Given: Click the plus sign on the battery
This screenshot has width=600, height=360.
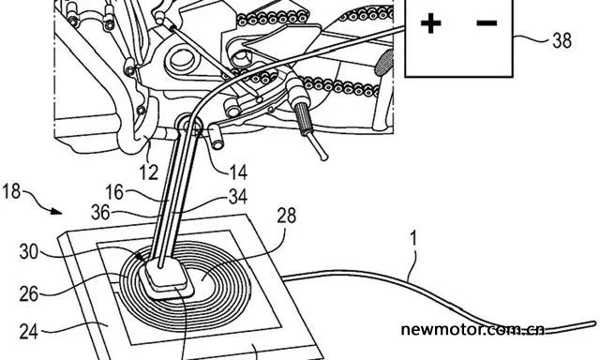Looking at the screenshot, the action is (430, 23).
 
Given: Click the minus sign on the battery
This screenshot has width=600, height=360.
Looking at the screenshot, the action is (487, 23).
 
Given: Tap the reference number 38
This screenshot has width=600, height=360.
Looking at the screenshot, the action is (562, 39).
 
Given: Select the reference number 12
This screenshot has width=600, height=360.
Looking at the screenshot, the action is (148, 172).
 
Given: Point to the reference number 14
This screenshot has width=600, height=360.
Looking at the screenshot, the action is (238, 172).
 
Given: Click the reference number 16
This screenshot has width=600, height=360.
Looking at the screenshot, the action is (114, 192).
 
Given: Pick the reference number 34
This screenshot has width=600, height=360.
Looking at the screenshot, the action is (238, 197).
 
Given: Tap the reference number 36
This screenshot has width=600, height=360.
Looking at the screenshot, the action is (100, 212).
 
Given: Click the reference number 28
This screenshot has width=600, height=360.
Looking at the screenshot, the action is (287, 216).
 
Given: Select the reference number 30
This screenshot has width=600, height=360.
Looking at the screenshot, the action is (29, 252).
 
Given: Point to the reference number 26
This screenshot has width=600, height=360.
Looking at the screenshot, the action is (29, 294).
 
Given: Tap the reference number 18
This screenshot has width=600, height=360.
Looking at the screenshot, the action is (11, 191).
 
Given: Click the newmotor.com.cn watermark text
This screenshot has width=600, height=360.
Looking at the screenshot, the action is (472, 329).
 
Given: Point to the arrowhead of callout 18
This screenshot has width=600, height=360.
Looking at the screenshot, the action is (57, 211).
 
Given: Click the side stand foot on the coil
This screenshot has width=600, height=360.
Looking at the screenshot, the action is (166, 277).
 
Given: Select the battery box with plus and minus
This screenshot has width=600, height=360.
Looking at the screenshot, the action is (458, 38).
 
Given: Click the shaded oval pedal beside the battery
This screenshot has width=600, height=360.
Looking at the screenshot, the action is (383, 63).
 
